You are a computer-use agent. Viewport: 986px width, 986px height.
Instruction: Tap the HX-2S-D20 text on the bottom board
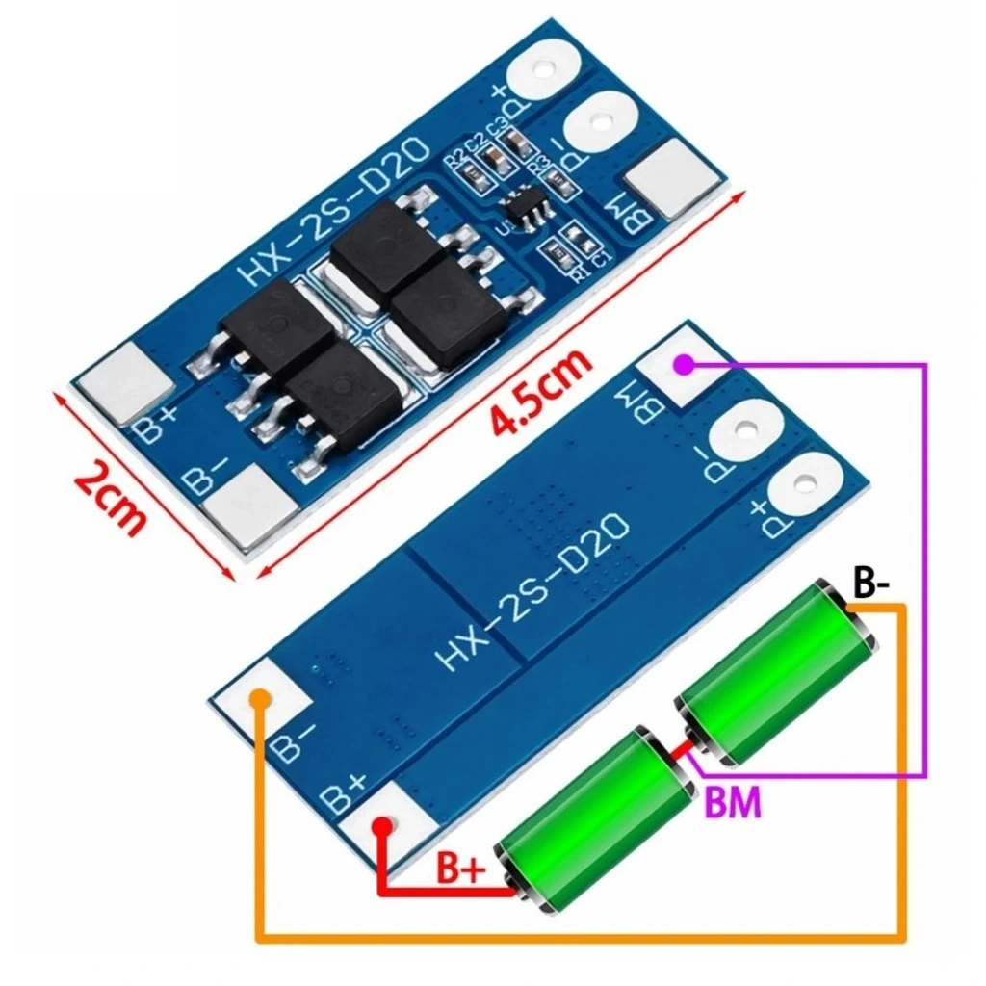pos(534,591)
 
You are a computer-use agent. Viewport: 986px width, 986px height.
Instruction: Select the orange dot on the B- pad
pos(259,699)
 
